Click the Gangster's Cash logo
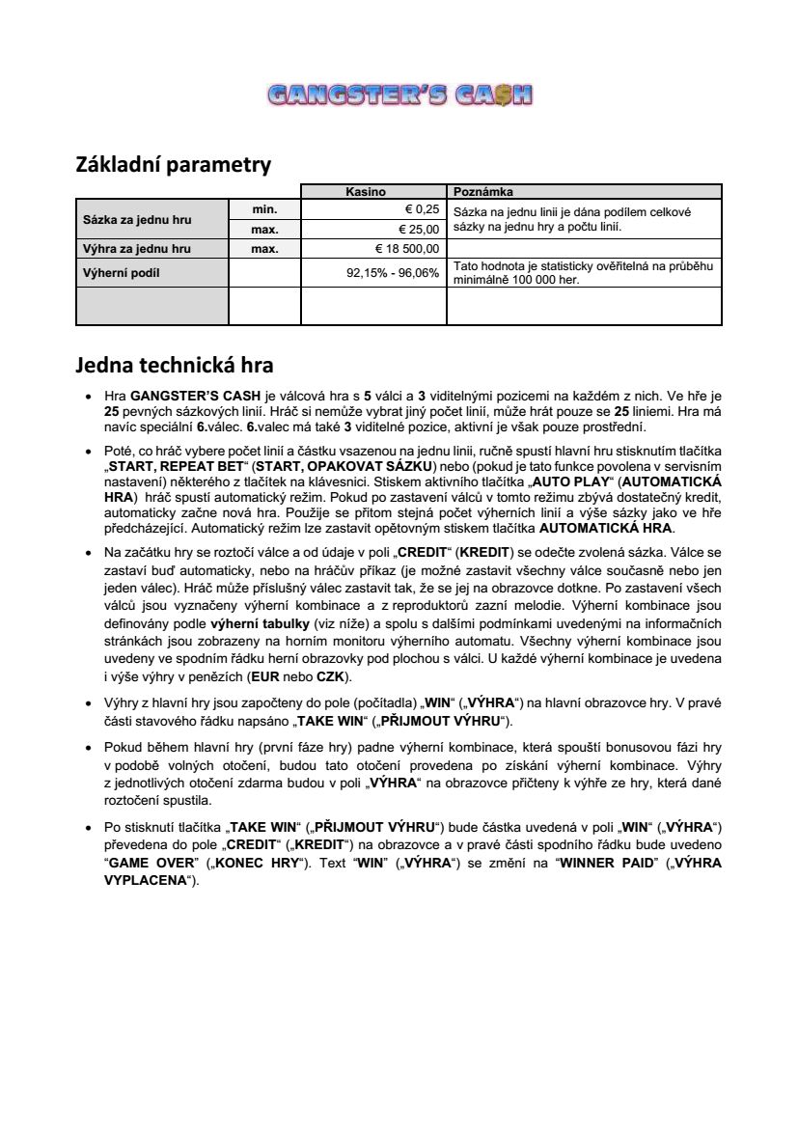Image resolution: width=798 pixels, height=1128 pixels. (399, 95)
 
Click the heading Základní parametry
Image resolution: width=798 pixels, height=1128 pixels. (173, 165)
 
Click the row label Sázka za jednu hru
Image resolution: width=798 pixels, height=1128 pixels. (136, 219)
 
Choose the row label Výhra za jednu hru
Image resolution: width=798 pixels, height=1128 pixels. (137, 248)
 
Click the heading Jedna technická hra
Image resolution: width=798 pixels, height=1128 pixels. (175, 366)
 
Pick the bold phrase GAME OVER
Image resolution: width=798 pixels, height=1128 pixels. (151, 862)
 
